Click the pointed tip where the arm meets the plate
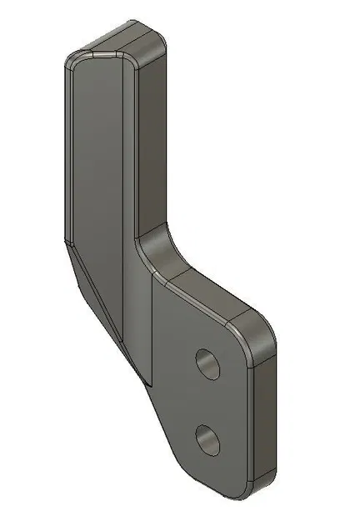click(148, 383)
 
